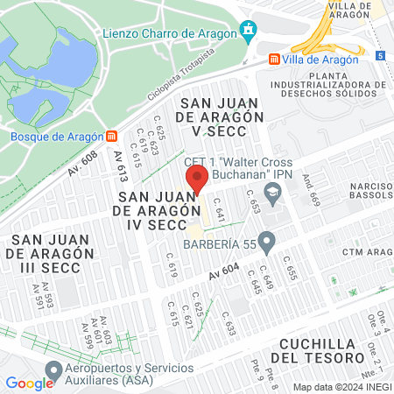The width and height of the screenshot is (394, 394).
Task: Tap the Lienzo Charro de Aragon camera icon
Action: click(249, 32)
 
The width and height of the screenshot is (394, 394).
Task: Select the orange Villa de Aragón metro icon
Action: click(275, 60)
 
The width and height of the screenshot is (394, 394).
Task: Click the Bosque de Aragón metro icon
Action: click(110, 137)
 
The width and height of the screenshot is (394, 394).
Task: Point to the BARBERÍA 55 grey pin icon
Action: click(267, 239)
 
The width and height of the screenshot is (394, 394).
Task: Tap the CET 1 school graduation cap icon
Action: click(274, 192)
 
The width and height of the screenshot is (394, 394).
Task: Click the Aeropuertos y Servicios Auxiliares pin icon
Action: click(55, 370)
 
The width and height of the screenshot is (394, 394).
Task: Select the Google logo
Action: click(29, 383)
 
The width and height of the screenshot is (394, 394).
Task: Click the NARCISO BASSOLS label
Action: click(367, 193)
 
